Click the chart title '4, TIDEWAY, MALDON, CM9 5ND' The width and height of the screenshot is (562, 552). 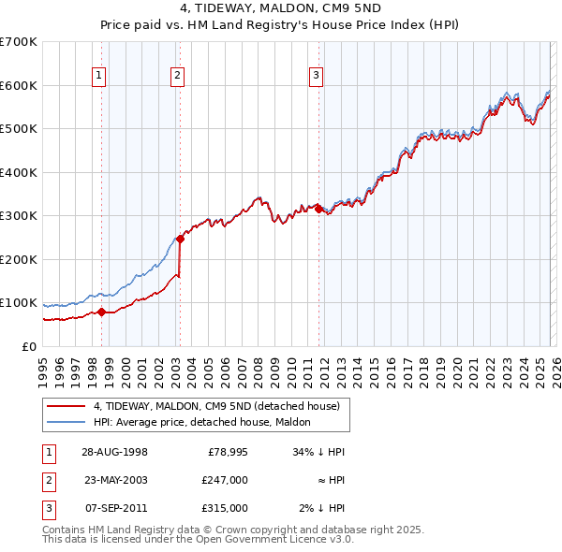click(x=280, y=9)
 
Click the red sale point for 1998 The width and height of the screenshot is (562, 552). click(x=102, y=312)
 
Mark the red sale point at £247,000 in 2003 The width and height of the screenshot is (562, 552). click(x=180, y=239)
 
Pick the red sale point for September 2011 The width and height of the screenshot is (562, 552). click(x=318, y=210)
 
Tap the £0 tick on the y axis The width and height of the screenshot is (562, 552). click(x=28, y=346)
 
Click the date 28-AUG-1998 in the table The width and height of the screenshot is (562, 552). click(x=114, y=451)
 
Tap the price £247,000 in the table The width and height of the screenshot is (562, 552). click(x=225, y=479)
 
